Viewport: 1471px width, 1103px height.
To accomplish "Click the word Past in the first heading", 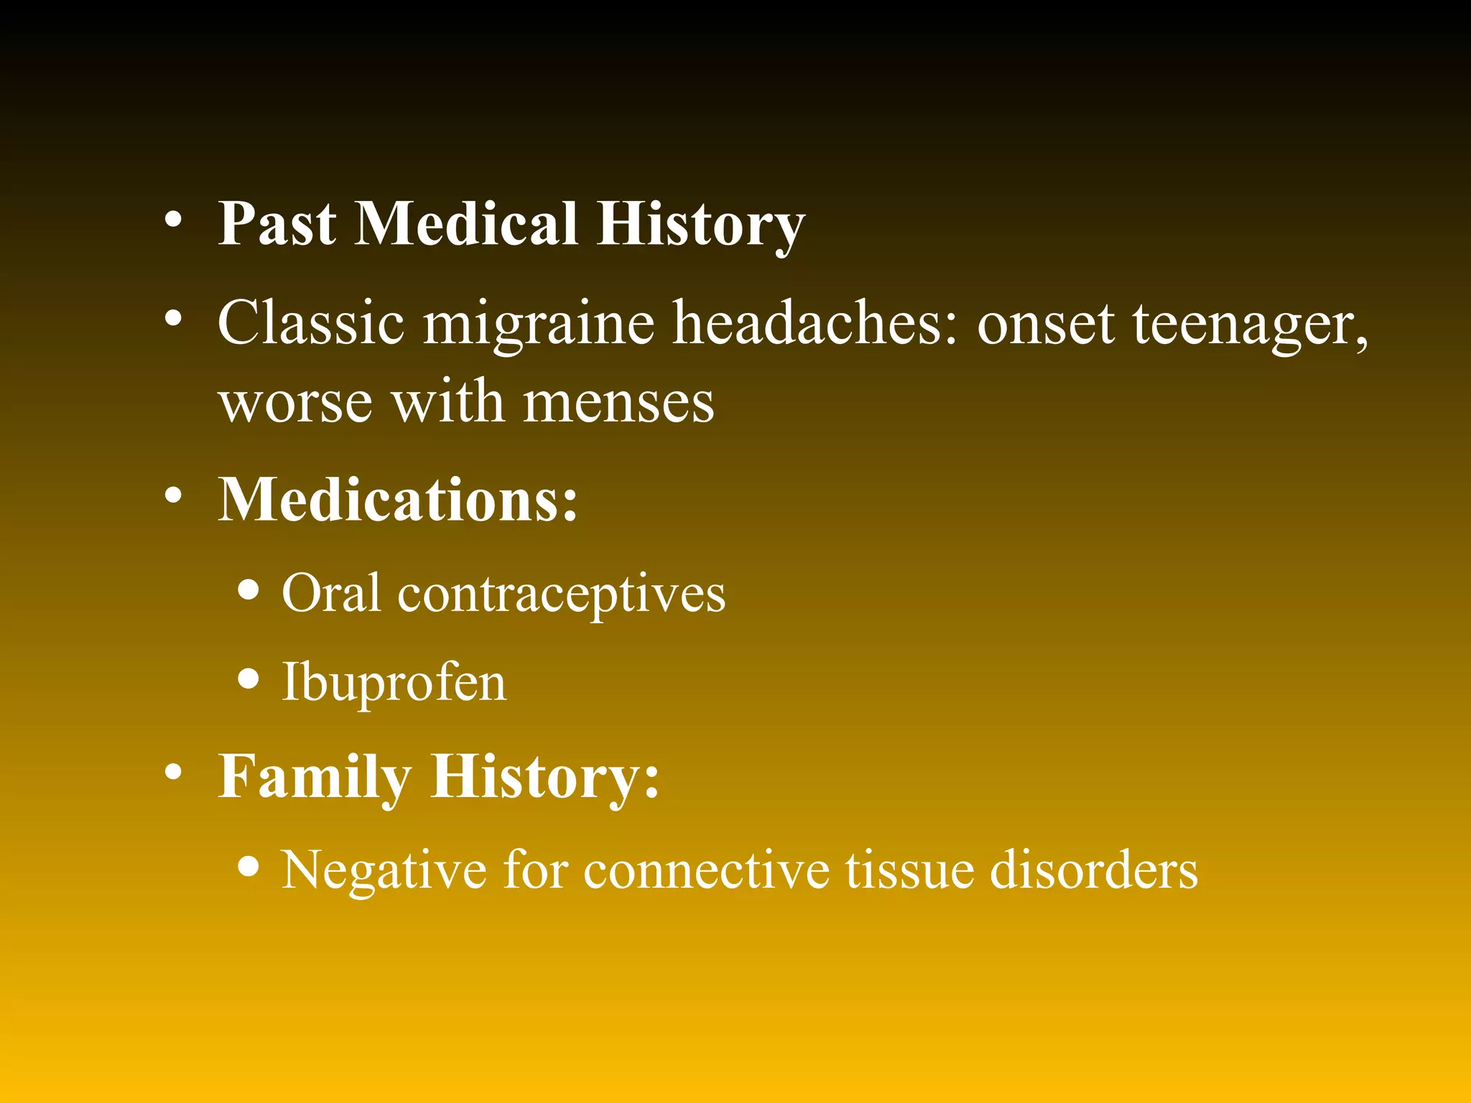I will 277,223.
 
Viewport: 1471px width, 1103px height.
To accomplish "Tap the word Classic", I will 310,323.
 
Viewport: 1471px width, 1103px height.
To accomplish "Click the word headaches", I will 815,323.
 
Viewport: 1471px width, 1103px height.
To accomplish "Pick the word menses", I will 618,402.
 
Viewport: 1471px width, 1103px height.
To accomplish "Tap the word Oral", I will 331,593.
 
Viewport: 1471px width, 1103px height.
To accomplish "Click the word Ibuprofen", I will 394,682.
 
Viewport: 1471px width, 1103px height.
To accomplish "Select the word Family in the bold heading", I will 315,777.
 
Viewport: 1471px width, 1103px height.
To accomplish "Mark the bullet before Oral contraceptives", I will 249,590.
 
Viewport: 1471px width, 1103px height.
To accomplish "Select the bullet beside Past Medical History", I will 172,218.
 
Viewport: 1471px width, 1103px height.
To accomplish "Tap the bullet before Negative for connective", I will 249,866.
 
